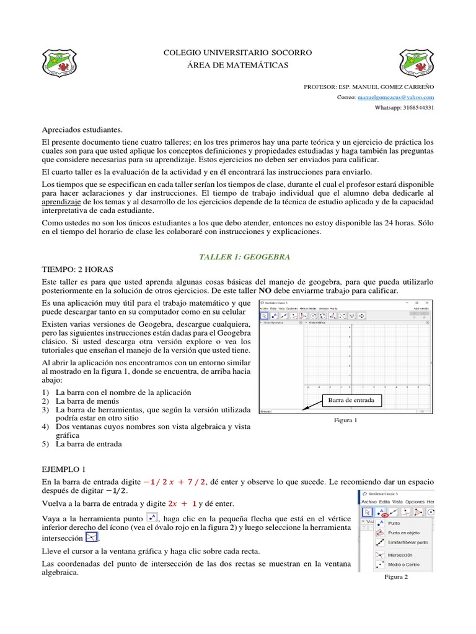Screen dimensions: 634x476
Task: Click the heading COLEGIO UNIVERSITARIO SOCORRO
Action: (237, 52)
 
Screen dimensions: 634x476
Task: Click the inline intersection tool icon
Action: (92, 537)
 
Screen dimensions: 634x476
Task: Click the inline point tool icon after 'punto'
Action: (151, 518)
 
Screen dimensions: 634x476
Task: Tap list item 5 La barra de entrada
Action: (89, 444)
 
